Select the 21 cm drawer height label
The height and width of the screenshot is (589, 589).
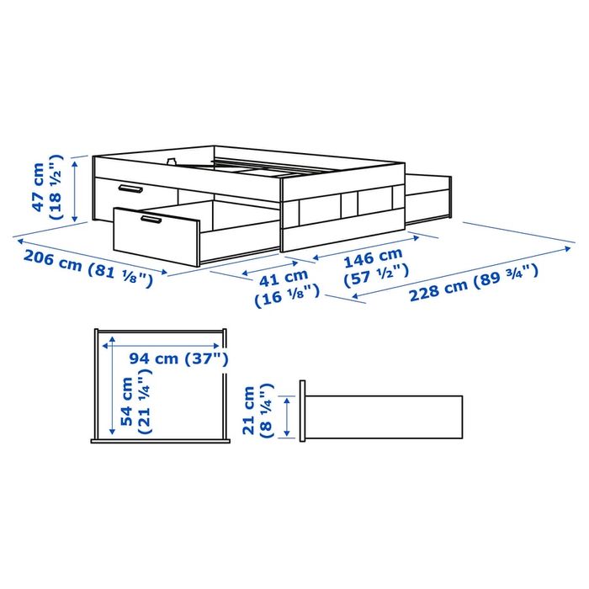pyautogui.click(x=249, y=411)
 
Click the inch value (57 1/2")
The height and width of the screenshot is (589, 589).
pyautogui.click(x=378, y=272)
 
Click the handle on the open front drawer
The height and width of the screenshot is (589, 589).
pyautogui.click(x=151, y=220)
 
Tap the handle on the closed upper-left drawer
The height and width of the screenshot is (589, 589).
pyautogui.click(x=130, y=188)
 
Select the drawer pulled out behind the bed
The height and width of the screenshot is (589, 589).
pyautogui.click(x=429, y=194)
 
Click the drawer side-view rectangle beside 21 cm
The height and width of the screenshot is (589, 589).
pyautogui.click(x=383, y=416)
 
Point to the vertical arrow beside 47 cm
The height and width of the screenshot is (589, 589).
pyautogui.click(x=77, y=187)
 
